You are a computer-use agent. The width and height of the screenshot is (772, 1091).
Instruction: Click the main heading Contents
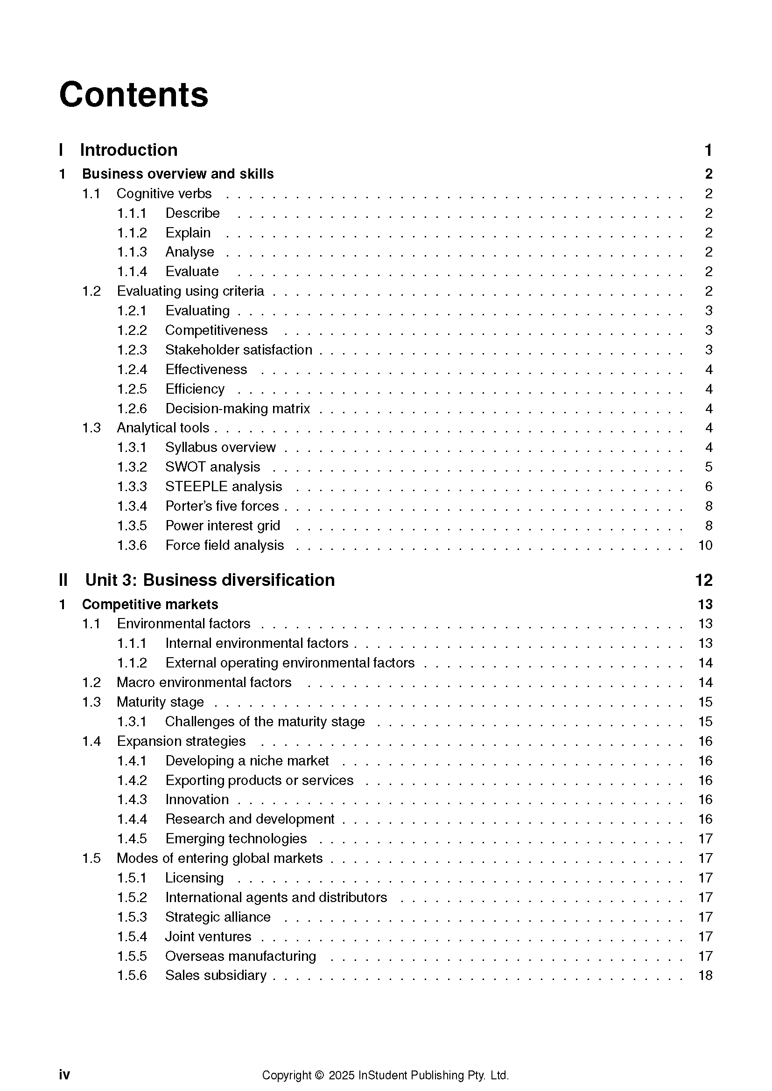[133, 95]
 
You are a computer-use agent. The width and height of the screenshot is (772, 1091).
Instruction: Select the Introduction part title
[128, 150]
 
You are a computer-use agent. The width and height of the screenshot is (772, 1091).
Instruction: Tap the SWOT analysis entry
[212, 467]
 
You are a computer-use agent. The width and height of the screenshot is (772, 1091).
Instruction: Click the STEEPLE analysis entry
[224, 486]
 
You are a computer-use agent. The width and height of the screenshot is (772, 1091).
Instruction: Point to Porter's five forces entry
[222, 506]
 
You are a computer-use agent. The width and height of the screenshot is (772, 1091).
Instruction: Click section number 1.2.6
[132, 409]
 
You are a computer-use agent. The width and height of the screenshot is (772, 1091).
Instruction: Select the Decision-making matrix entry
[238, 409]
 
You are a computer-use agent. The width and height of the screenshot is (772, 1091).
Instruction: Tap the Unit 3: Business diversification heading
[210, 580]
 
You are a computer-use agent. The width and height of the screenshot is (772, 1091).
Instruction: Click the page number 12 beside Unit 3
[703, 580]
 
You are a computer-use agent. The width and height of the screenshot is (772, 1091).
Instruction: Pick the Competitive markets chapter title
[150, 605]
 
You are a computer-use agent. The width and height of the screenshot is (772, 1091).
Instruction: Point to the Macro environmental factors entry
[204, 682]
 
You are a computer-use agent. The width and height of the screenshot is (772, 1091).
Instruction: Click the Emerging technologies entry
[236, 839]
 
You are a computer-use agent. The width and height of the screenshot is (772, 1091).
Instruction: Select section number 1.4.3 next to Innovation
[132, 800]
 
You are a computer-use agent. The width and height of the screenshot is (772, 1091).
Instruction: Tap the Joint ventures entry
[208, 937]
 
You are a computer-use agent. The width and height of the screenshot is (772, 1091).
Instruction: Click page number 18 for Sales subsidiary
[705, 975]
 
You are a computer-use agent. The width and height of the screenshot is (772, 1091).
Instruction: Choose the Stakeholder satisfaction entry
[239, 350]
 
